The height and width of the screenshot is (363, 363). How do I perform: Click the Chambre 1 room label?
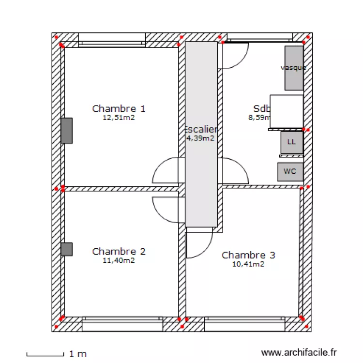coord(119,108)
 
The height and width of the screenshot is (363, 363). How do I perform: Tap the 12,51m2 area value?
coord(119,118)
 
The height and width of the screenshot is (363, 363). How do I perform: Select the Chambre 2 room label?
coord(119,251)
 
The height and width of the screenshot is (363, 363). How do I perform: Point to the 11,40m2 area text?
coord(119,260)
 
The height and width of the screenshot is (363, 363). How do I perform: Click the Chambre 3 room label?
coord(248,255)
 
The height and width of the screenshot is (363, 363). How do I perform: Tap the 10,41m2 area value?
coord(248,264)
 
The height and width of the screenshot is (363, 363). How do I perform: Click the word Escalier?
coord(201,129)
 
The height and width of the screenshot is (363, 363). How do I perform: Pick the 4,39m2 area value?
coord(201,138)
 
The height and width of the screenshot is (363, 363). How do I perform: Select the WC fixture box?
coord(290,171)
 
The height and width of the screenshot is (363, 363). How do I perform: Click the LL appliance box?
coord(291,142)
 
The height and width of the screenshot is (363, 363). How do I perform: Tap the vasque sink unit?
coord(294,68)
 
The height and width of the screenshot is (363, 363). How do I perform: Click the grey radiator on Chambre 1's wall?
coord(67,131)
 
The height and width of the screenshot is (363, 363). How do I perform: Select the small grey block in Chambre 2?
coord(67,249)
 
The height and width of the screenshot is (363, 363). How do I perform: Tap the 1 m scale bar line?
coord(45,356)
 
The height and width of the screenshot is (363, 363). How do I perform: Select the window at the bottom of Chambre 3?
coord(244,324)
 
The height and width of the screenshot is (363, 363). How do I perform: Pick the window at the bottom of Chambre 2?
coord(122,324)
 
